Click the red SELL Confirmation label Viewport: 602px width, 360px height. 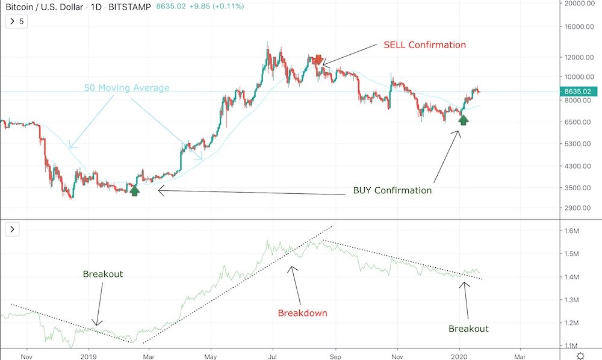[424, 45]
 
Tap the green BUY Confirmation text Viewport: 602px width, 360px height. [392, 191]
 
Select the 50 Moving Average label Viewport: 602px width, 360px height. [126, 88]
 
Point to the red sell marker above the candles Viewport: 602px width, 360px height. [318, 60]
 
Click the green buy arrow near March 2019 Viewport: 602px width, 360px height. [134, 191]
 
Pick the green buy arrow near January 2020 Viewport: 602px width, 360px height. [463, 120]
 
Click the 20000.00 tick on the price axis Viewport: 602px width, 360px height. [576, 4]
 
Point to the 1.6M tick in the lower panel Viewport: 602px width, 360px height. [570, 231]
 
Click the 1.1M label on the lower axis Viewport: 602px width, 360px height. [570, 346]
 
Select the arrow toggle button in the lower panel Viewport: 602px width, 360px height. [13, 229]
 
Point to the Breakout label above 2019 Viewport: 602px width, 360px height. [102, 274]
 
